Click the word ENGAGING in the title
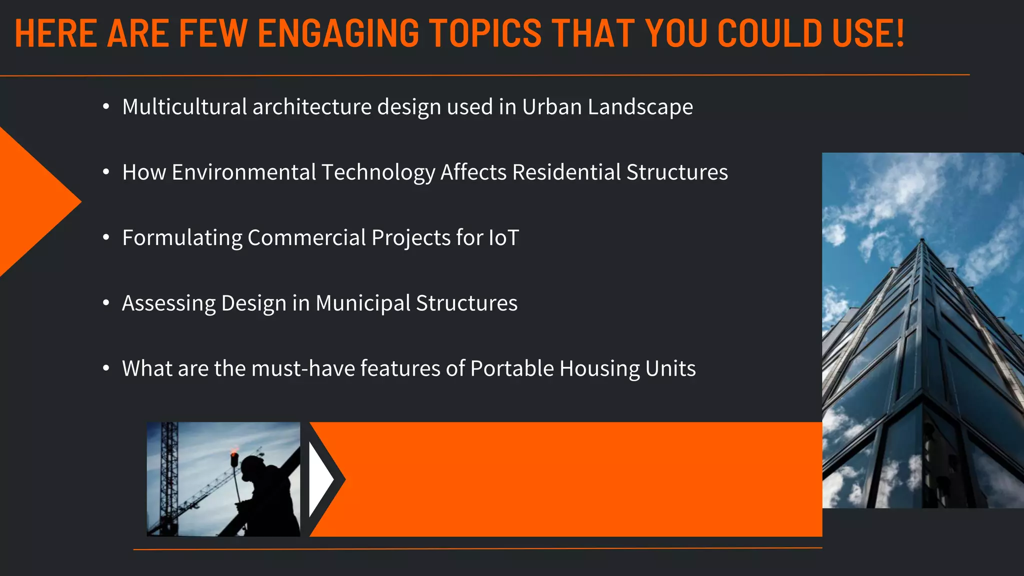pos(338,33)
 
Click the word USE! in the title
pos(868,33)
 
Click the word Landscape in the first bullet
pos(640,107)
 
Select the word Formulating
pos(182,238)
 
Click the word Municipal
pos(362,303)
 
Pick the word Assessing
pos(168,303)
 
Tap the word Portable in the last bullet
pos(512,368)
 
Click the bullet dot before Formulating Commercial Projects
pos(105,238)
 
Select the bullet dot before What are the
pos(105,368)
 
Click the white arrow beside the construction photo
pos(320,479)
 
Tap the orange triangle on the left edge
pos(30,202)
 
